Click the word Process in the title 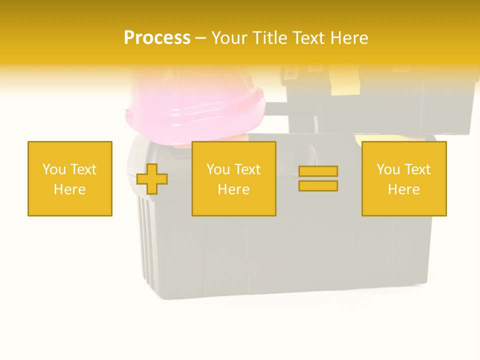[x=157, y=38]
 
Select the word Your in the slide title [x=230, y=38]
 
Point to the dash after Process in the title [x=201, y=38]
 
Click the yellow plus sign [x=152, y=179]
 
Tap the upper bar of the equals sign [x=318, y=171]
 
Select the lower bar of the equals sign [x=318, y=186]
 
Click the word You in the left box [x=54, y=169]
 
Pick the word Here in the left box [x=69, y=189]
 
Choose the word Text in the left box [x=83, y=169]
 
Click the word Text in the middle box [x=247, y=169]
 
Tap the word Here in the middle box [x=233, y=189]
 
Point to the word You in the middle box [x=218, y=169]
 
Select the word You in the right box [x=388, y=169]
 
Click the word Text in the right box [x=417, y=169]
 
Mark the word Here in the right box [x=403, y=189]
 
